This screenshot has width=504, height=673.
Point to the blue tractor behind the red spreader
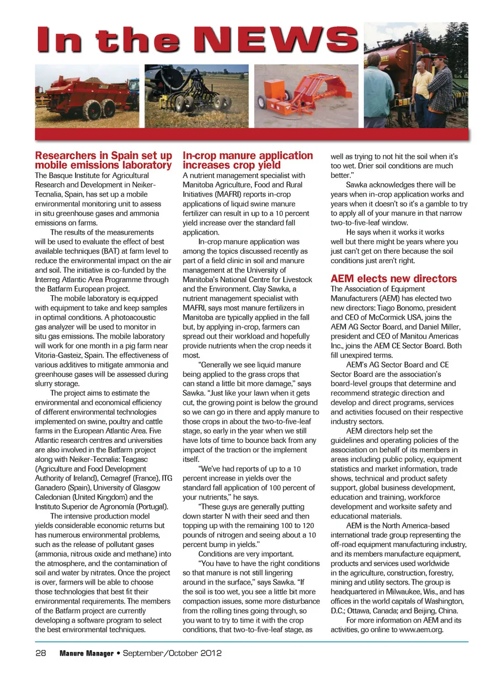[x=131, y=90]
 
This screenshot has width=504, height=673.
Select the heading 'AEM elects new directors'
[x=393, y=278]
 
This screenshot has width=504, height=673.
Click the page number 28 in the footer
[x=40, y=653]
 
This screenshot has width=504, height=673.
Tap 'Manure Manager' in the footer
[x=86, y=654]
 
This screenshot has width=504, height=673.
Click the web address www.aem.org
[x=421, y=629]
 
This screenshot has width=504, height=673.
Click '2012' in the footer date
[x=210, y=653]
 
